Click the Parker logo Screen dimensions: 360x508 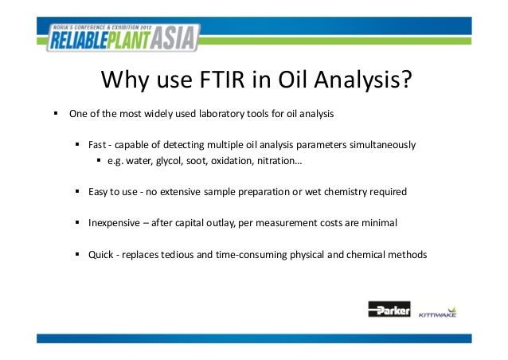tap(389, 310)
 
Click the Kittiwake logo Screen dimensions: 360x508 tap(439, 311)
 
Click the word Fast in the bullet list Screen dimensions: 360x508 tap(97, 145)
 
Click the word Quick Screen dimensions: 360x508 tap(100, 255)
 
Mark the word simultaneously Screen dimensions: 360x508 tap(381, 145)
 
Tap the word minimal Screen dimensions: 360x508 tap(379, 223)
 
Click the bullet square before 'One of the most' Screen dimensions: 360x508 tap(56, 113)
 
